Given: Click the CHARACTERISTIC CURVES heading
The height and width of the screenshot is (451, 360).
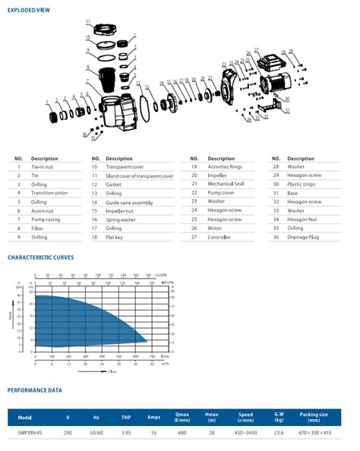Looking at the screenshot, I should [x=41, y=257].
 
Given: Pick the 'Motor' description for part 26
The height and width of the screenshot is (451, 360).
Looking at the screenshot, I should [x=215, y=228].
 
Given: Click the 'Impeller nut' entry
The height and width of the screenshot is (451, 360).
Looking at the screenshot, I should [x=118, y=210].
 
